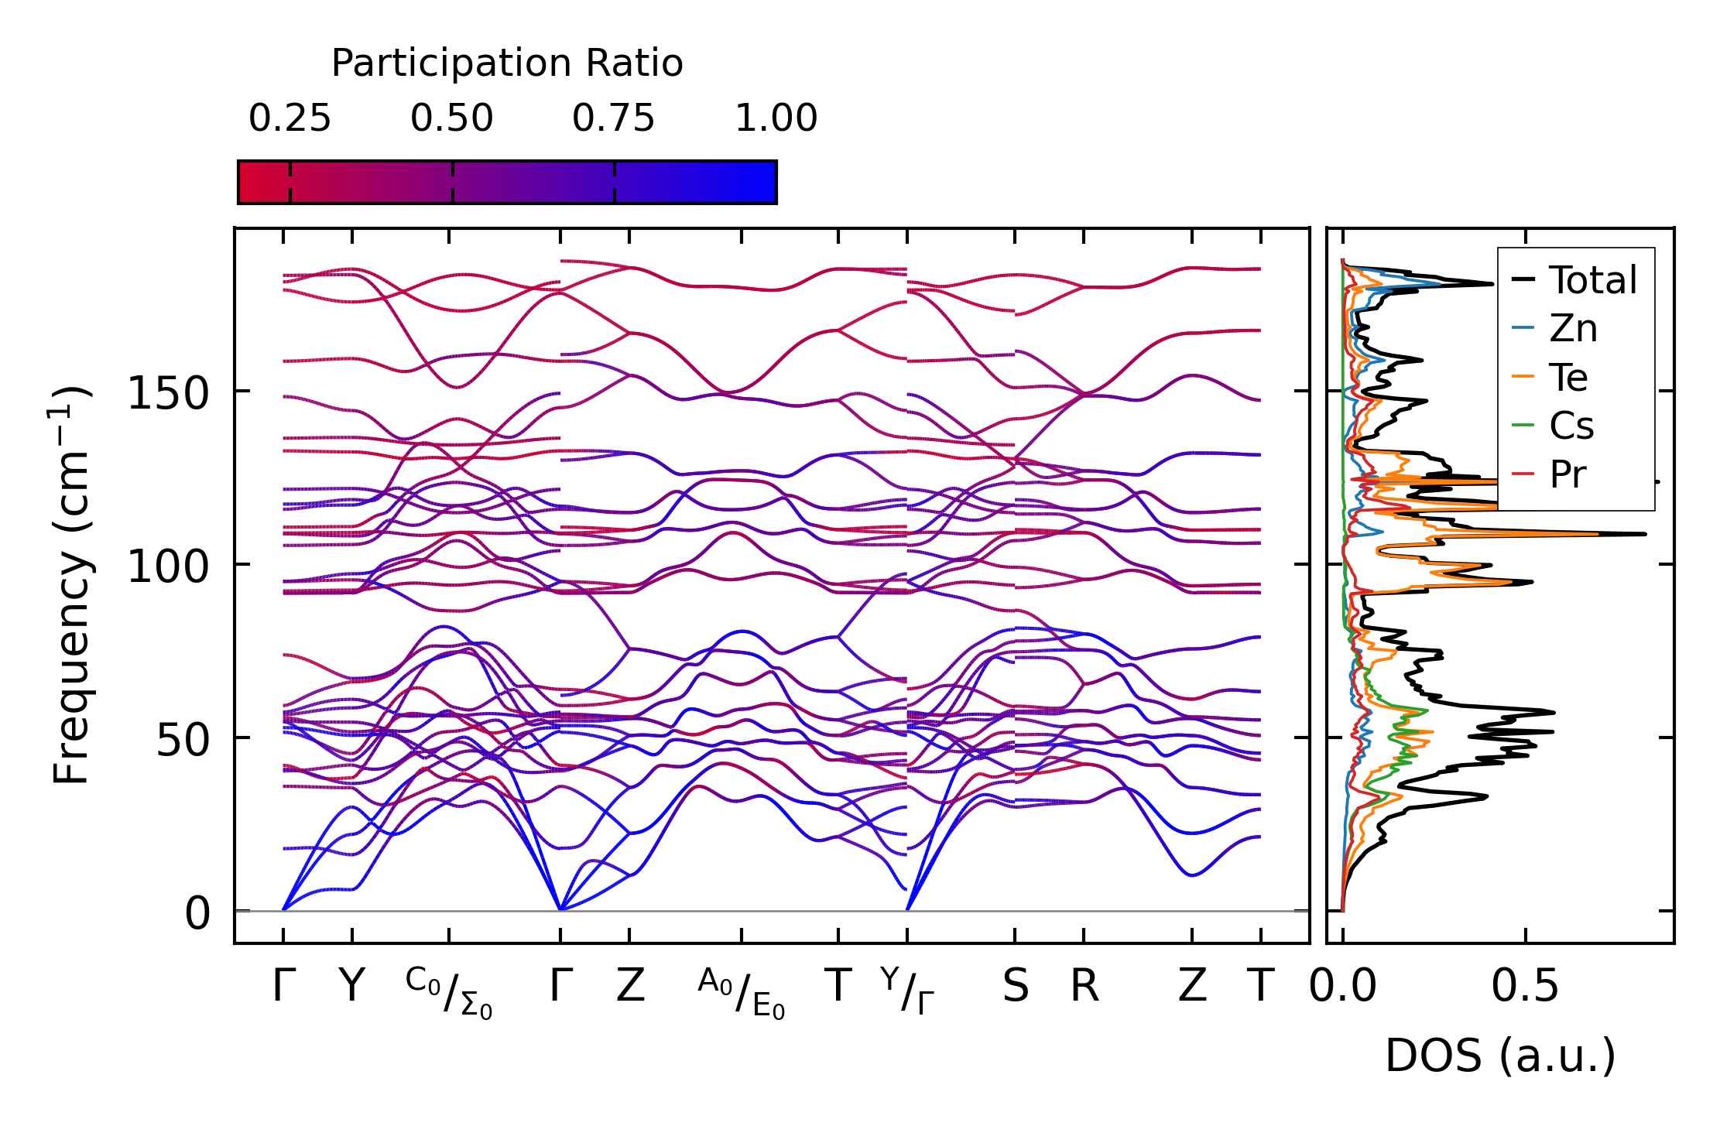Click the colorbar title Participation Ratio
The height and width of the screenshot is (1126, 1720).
(507, 63)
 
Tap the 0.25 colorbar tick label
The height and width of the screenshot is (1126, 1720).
(290, 119)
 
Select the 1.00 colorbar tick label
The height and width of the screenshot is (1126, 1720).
(776, 119)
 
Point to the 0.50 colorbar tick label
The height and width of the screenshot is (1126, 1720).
(452, 119)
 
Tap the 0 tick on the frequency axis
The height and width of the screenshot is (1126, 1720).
(197, 913)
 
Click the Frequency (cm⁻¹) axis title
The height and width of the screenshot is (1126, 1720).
(71, 585)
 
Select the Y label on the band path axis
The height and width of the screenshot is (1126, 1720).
(352, 987)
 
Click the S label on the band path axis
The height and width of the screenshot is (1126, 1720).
(1016, 987)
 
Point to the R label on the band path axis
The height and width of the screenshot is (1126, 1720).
(1084, 987)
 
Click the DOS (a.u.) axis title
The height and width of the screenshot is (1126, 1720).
(1500, 1056)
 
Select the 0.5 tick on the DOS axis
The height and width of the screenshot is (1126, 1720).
(1525, 987)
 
